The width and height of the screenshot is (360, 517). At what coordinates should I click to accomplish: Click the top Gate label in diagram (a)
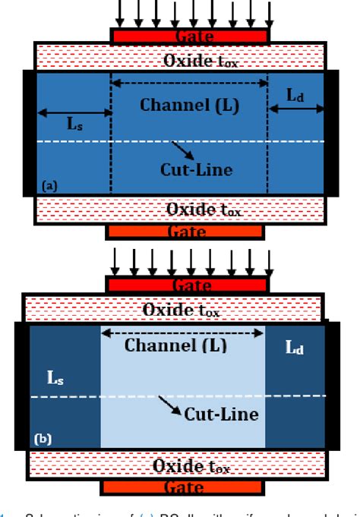[189, 36]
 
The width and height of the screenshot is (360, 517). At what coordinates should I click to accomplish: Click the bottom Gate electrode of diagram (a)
[185, 232]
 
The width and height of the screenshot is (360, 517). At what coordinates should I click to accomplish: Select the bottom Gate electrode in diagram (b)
[183, 487]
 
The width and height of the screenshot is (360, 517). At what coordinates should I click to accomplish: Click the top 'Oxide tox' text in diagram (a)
[200, 61]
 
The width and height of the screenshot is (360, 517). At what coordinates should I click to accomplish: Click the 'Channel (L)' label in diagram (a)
[189, 105]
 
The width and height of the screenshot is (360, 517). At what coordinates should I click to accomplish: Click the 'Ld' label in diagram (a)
[297, 94]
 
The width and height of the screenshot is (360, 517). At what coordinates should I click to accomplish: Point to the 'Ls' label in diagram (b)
[55, 377]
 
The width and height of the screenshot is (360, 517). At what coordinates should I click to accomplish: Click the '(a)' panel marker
[49, 185]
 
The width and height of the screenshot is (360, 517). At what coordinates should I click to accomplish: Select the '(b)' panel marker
[42, 438]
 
